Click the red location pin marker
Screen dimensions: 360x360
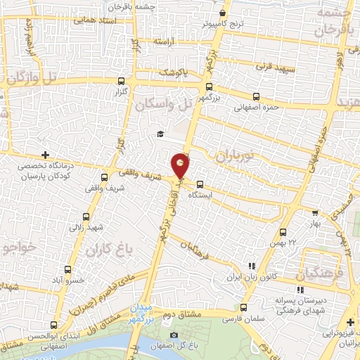click(x=181, y=165)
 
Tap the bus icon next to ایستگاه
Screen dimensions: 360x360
click(x=200, y=186)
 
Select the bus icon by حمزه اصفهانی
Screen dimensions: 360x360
click(x=256, y=97)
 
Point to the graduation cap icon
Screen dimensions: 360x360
click(x=160, y=134)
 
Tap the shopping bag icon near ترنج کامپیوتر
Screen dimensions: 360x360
click(x=223, y=13)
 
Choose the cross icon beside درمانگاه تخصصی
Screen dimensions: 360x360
click(x=46, y=155)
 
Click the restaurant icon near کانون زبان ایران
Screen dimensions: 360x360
click(x=251, y=266)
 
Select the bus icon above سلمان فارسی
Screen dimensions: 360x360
click(x=243, y=307)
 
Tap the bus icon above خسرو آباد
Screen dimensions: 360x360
click(x=67, y=269)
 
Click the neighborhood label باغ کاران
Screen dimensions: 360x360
click(x=103, y=250)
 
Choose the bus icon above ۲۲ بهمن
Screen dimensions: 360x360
click(x=283, y=232)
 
